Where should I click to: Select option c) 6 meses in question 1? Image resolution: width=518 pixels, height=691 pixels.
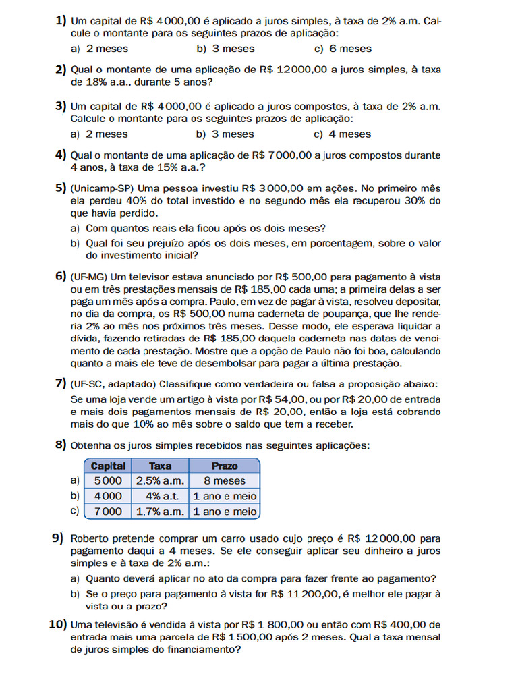343,49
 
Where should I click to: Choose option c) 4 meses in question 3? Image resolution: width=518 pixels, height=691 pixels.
343,134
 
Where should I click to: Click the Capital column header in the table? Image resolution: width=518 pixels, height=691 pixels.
108,466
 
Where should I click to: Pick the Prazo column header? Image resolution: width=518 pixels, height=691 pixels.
225,466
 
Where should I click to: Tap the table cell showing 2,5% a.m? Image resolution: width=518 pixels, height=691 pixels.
160,481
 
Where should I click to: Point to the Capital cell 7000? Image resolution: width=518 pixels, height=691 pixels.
108,512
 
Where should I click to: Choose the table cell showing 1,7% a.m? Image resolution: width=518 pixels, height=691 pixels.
160,512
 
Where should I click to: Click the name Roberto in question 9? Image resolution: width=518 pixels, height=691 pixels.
91,538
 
